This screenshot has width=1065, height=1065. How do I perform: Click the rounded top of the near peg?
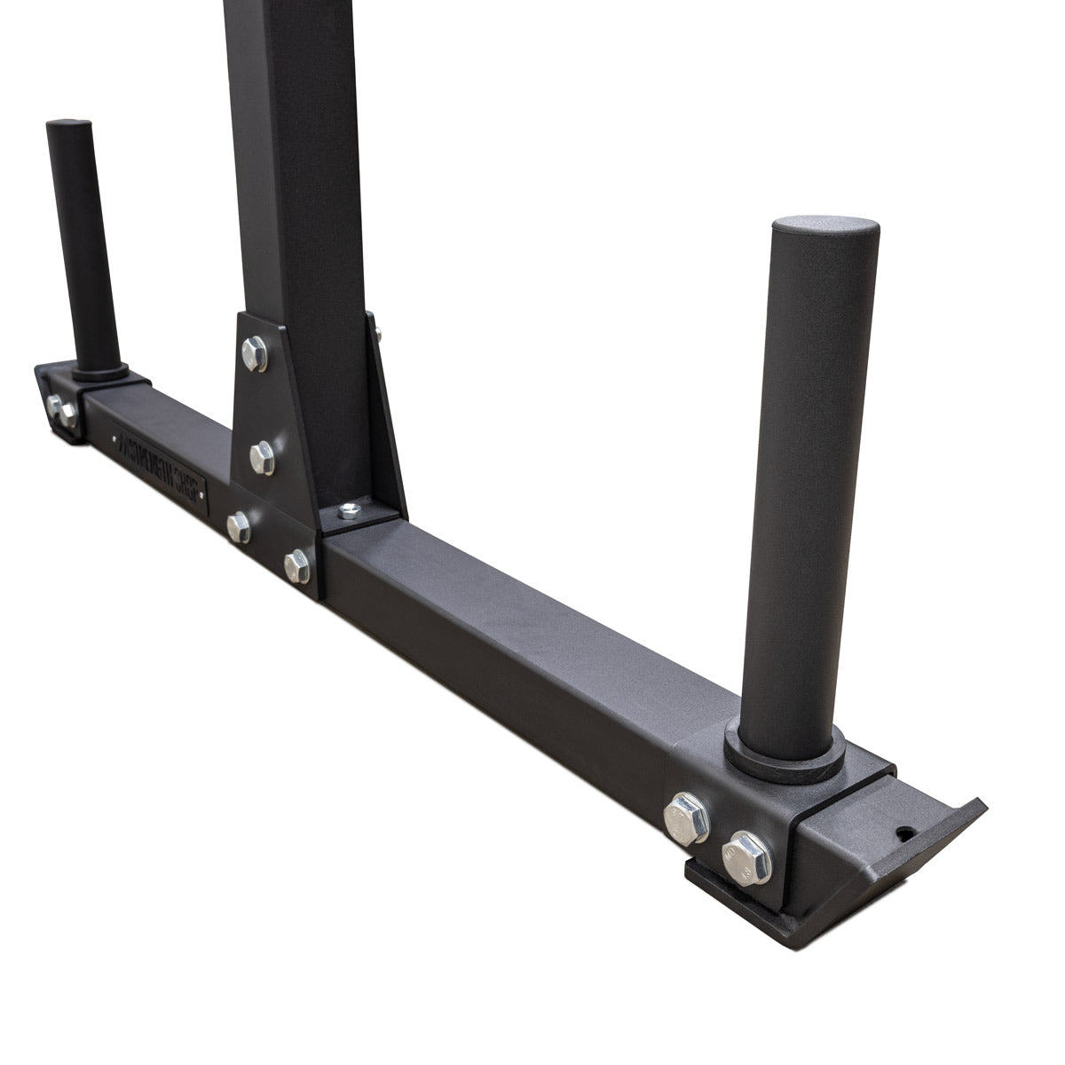click(825, 233)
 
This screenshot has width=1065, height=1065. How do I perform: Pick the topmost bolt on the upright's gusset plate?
click(255, 352)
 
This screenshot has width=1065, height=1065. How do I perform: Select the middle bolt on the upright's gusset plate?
click(262, 458)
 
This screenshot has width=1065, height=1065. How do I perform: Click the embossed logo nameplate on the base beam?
click(160, 463)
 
